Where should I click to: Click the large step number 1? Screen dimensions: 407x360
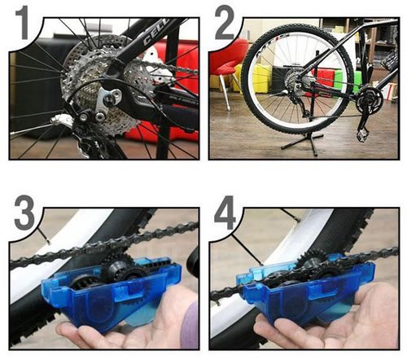click(23, 24)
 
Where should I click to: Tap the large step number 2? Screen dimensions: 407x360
click(225, 23)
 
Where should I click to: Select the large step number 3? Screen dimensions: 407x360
click(24, 213)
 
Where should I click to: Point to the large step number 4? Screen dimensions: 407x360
click(225, 213)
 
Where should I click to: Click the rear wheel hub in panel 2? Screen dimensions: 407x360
click(295, 77)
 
